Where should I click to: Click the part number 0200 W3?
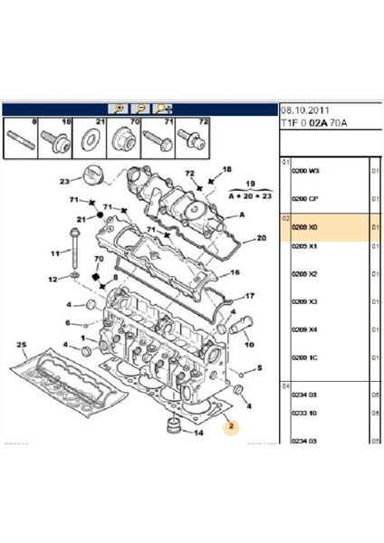click(x=304, y=171)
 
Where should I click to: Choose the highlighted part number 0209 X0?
click(x=304, y=230)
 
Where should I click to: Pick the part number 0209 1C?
click(x=304, y=358)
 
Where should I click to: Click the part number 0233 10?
click(x=304, y=413)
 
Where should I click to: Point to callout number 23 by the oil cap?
click(x=64, y=180)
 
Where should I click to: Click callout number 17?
click(x=250, y=296)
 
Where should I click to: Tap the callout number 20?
click(x=261, y=239)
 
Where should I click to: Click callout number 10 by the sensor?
click(x=248, y=344)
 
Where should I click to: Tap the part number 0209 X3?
click(x=304, y=301)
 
